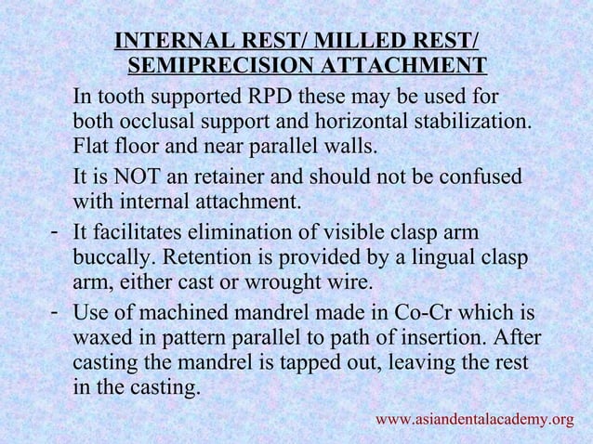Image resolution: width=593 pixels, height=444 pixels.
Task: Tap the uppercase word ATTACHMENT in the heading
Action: click(x=402, y=66)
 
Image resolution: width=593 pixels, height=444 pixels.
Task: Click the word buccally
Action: click(x=111, y=257)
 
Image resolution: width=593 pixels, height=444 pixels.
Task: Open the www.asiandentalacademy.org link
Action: click(x=474, y=420)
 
